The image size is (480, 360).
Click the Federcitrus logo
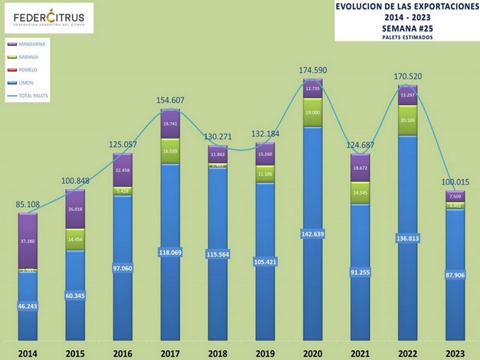[x=49, y=18]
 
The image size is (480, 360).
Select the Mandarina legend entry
[x=24, y=44]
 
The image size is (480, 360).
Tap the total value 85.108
[x=28, y=205]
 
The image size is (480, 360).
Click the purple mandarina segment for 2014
[x=28, y=241]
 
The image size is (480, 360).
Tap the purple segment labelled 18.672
[x=362, y=167]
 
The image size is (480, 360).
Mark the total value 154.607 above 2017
[x=171, y=100]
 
